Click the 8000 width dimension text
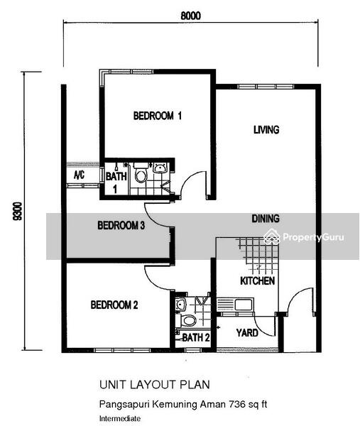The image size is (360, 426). pyautogui.click(x=191, y=16)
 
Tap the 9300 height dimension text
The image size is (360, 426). pyautogui.click(x=18, y=212)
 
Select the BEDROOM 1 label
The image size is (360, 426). pyautogui.click(x=158, y=116)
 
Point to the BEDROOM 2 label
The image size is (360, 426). pyautogui.click(x=114, y=305)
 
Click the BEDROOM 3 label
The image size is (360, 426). pyautogui.click(x=121, y=225)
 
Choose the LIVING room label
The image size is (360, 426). pyautogui.click(x=266, y=130)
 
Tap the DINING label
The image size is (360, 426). pyautogui.click(x=266, y=219)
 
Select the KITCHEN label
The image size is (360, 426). pyautogui.click(x=257, y=280)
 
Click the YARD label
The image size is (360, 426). pyautogui.click(x=247, y=333)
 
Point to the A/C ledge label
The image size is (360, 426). pyautogui.click(x=79, y=175)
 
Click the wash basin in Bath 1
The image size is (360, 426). pyautogui.click(x=160, y=168)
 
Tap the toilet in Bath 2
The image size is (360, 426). pyautogui.click(x=187, y=321)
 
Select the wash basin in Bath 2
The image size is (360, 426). pyautogui.click(x=180, y=304)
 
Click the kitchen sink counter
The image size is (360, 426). pyautogui.click(x=235, y=305)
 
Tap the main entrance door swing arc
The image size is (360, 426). pyautogui.click(x=297, y=294)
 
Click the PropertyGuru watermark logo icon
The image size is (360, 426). pyautogui.click(x=272, y=237)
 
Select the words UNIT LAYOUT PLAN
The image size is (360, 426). pyautogui.click(x=155, y=385)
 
